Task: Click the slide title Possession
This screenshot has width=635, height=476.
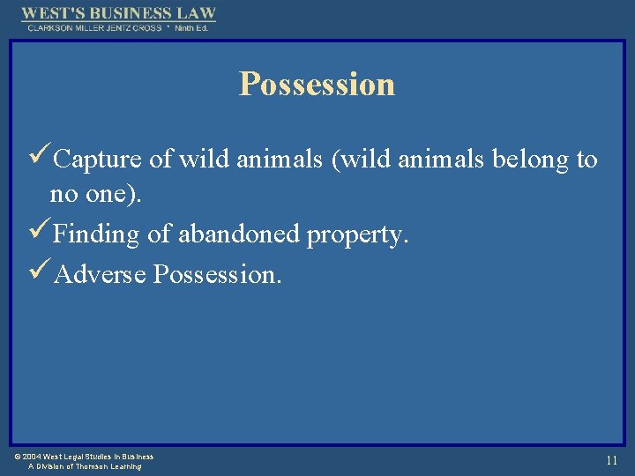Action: (317, 85)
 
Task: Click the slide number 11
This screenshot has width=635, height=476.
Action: (611, 460)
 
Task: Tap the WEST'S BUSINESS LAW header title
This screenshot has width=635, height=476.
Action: (118, 13)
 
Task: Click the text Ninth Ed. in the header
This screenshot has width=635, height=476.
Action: (191, 27)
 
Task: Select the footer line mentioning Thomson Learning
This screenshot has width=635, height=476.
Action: (85, 466)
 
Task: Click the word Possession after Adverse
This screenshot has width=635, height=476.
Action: (217, 274)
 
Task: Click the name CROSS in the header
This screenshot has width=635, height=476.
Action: (146, 27)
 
